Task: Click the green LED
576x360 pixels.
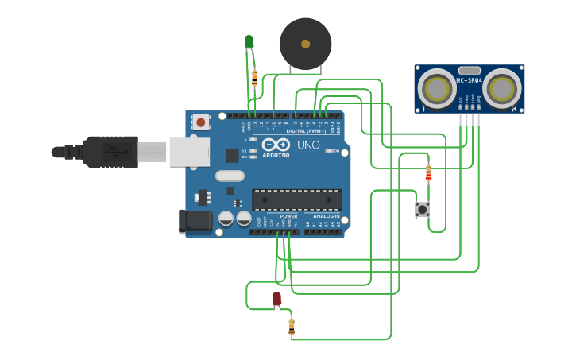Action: (249, 41)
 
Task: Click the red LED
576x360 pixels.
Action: (276, 299)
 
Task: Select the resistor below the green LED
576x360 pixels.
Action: (254, 77)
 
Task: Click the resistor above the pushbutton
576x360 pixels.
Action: (429, 172)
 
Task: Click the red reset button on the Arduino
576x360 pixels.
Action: (201, 122)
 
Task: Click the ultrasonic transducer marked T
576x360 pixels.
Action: (435, 87)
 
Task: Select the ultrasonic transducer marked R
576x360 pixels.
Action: (503, 87)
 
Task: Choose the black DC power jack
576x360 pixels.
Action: (195, 222)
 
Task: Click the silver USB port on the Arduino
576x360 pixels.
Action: (189, 151)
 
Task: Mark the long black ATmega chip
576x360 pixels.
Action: (296, 200)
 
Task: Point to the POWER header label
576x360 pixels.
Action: (288, 216)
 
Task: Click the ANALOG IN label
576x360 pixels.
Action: (326, 216)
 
